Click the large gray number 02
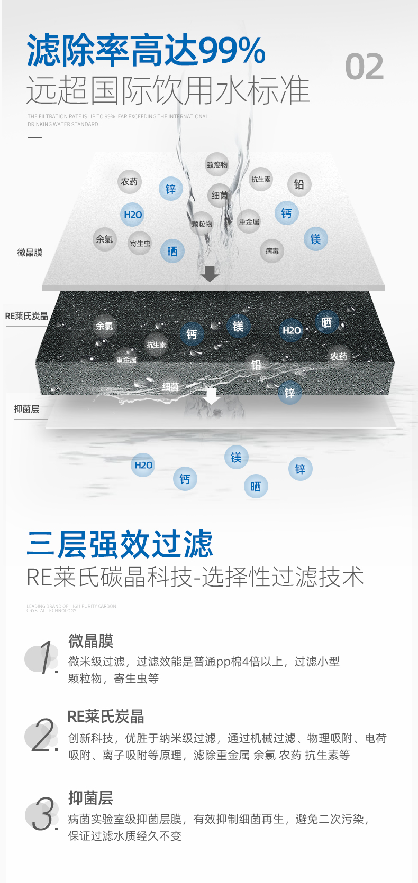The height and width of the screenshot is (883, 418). [x=364, y=67]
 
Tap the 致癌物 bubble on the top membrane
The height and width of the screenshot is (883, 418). [x=217, y=165]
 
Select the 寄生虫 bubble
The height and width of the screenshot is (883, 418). [x=140, y=244]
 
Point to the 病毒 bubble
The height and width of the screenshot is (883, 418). [x=272, y=251]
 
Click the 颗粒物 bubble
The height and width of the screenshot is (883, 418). [x=202, y=224]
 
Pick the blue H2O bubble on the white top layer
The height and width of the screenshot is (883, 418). [x=132, y=215]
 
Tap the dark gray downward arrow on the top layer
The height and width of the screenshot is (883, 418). [x=210, y=273]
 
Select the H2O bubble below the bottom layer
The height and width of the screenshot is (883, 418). [x=143, y=465]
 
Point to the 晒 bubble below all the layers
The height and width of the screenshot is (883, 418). [x=256, y=486]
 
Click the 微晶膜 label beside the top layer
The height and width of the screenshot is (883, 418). [x=30, y=253]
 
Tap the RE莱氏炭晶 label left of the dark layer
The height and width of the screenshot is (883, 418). [x=26, y=316]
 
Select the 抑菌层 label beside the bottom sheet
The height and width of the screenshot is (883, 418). [x=26, y=408]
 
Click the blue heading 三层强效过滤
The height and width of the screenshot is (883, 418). [x=120, y=544]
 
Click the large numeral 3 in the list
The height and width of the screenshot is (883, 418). [x=43, y=814]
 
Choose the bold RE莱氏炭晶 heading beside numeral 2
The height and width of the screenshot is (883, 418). [x=106, y=717]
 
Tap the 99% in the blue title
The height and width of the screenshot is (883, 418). [x=232, y=51]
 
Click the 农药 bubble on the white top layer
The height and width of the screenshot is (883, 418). [x=129, y=182]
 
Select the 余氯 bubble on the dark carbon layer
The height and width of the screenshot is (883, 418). [x=104, y=326]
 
